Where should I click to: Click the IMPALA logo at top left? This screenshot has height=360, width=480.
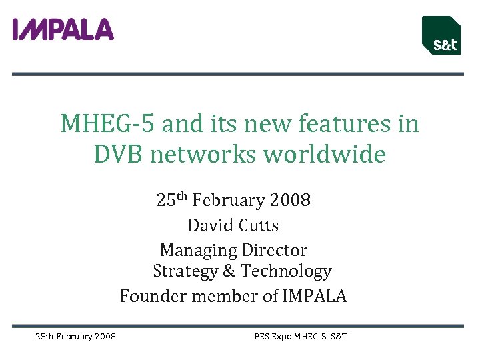[x=63, y=29]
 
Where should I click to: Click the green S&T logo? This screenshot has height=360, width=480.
[x=441, y=35]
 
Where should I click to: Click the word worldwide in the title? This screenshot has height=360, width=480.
[x=325, y=155]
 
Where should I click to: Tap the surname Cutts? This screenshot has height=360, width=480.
[x=257, y=225]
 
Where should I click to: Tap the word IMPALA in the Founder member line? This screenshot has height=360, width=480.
[x=315, y=296]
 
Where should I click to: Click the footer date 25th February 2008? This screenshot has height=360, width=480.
[x=75, y=337]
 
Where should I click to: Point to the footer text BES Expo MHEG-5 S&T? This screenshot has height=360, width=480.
[x=301, y=337]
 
